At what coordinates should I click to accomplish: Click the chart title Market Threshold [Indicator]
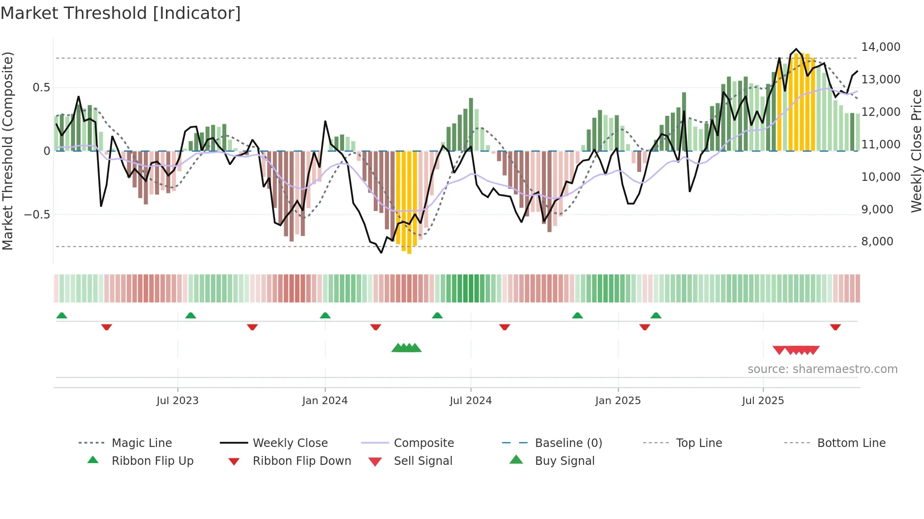(x=121, y=13)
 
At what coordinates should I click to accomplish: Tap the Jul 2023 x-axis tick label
(x=177, y=401)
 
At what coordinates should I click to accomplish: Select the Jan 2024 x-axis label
(x=325, y=401)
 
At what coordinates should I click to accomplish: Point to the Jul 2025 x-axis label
(x=763, y=401)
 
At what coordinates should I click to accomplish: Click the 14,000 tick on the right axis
(x=880, y=47)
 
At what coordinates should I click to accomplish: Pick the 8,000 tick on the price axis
(x=877, y=242)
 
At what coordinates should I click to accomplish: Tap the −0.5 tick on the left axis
(x=37, y=215)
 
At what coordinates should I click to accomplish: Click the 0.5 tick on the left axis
(x=41, y=88)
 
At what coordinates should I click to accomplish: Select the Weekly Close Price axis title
(x=916, y=151)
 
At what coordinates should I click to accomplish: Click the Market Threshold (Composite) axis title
(x=8, y=151)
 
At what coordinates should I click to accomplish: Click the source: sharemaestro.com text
(x=822, y=369)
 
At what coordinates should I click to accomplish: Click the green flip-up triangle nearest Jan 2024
(x=325, y=316)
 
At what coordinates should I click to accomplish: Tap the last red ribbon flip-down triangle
(x=835, y=327)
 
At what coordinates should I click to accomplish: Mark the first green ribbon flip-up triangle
(x=62, y=316)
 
